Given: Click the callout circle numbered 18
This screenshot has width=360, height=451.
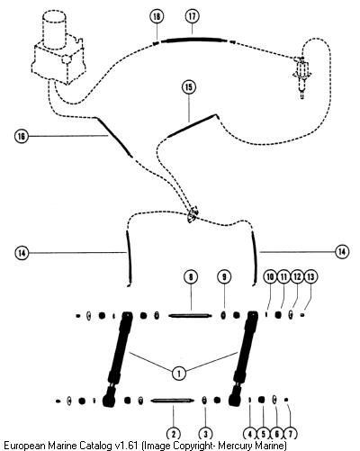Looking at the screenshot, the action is [157, 16].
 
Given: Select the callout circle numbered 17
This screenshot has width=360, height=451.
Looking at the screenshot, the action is [192, 16].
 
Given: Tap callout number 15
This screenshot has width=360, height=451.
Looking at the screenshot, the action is [189, 87].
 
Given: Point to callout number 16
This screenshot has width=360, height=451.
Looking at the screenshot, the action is [22, 137].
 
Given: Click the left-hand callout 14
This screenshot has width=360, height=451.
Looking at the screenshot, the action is [22, 253].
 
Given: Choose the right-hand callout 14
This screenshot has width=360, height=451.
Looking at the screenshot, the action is [342, 251].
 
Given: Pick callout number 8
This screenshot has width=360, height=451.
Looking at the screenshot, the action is [191, 277].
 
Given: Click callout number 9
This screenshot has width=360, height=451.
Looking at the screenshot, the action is [224, 277].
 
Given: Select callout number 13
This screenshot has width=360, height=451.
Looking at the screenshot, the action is [310, 276].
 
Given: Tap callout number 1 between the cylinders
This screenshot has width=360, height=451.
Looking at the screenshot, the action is [179, 374].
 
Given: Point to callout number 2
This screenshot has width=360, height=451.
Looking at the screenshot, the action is [174, 434].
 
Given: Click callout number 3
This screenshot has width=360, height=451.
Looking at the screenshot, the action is [205, 434].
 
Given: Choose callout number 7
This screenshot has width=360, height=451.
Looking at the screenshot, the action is [290, 434].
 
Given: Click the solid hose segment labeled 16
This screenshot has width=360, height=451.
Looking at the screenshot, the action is [114, 137].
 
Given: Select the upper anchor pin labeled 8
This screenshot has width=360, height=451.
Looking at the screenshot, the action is [190, 316].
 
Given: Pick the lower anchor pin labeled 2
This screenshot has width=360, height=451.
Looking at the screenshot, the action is [172, 401].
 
